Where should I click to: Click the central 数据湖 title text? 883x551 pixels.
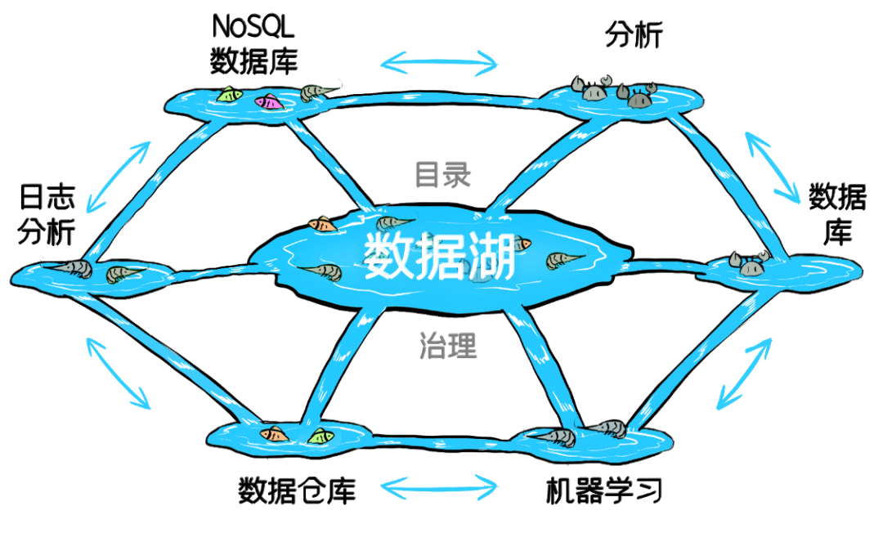click(x=439, y=257)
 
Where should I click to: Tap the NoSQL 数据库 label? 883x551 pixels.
click(x=254, y=44)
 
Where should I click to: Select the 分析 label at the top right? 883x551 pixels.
click(x=634, y=35)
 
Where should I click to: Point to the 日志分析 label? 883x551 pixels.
click(x=47, y=214)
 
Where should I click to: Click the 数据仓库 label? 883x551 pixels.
click(x=297, y=491)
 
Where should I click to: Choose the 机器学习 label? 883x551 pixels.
click(x=603, y=491)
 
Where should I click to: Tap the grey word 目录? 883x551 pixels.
click(x=442, y=174)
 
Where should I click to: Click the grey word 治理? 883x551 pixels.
click(x=448, y=345)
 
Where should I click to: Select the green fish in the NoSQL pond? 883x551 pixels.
click(x=229, y=95)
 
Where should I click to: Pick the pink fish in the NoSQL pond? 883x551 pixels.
click(x=268, y=102)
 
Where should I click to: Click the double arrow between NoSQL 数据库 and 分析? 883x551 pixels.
click(x=439, y=63)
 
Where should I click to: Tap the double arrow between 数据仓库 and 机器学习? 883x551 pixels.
click(x=439, y=487)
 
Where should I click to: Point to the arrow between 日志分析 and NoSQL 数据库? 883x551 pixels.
click(x=119, y=177)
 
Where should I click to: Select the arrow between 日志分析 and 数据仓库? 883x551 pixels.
click(x=119, y=373)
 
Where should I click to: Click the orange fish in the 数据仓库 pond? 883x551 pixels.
click(x=274, y=434)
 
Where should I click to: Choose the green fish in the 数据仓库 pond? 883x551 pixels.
click(x=321, y=437)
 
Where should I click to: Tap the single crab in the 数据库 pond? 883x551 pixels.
click(x=748, y=263)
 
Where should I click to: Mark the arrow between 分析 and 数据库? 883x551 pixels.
click(x=772, y=167)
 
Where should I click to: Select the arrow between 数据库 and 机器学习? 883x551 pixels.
click(x=744, y=373)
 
